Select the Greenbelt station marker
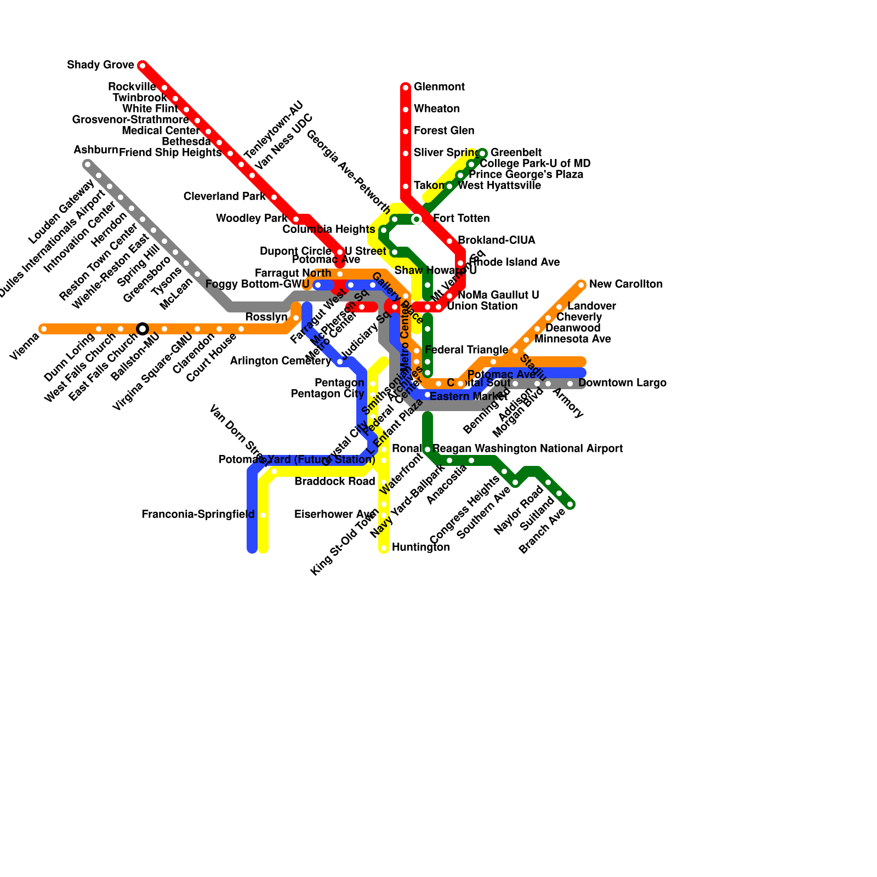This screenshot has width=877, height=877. pyautogui.click(x=482, y=153)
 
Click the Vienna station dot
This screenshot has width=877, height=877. pyautogui.click(x=44, y=329)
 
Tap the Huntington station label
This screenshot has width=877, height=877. pyautogui.click(x=420, y=548)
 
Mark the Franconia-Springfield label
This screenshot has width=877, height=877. pyautogui.click(x=198, y=515)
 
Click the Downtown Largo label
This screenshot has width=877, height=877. pyautogui.click(x=622, y=383)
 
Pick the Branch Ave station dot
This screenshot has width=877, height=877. pyautogui.click(x=570, y=504)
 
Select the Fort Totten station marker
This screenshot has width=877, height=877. pyautogui.click(x=417, y=219)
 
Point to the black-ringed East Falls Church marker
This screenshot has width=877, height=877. pyautogui.click(x=143, y=329)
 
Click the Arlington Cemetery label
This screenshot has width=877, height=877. pyautogui.click(x=281, y=361)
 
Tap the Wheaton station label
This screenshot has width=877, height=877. pyautogui.click(x=436, y=109)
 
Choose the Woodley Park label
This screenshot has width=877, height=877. pyautogui.click(x=252, y=219)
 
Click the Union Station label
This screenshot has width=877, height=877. pyautogui.click(x=482, y=306)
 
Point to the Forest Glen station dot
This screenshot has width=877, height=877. pyautogui.click(x=406, y=132)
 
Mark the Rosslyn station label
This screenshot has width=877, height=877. pyautogui.click(x=266, y=317)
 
